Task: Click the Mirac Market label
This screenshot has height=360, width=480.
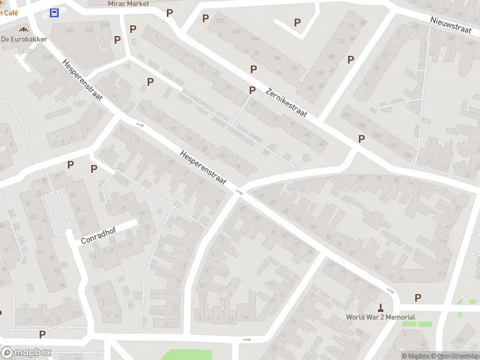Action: (128, 4)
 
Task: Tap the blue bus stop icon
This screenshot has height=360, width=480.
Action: (55, 13)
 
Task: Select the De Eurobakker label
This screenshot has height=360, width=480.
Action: (24, 39)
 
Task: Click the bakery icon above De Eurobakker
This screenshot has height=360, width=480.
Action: (23, 29)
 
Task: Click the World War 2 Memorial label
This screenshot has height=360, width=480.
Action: (380, 317)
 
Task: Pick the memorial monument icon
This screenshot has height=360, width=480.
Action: (380, 306)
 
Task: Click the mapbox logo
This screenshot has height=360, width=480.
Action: (26, 353)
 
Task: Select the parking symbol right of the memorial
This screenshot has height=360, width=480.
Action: (418, 298)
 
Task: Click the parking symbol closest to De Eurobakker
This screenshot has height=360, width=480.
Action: (118, 40)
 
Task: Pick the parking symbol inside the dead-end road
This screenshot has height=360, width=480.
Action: (297, 22)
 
